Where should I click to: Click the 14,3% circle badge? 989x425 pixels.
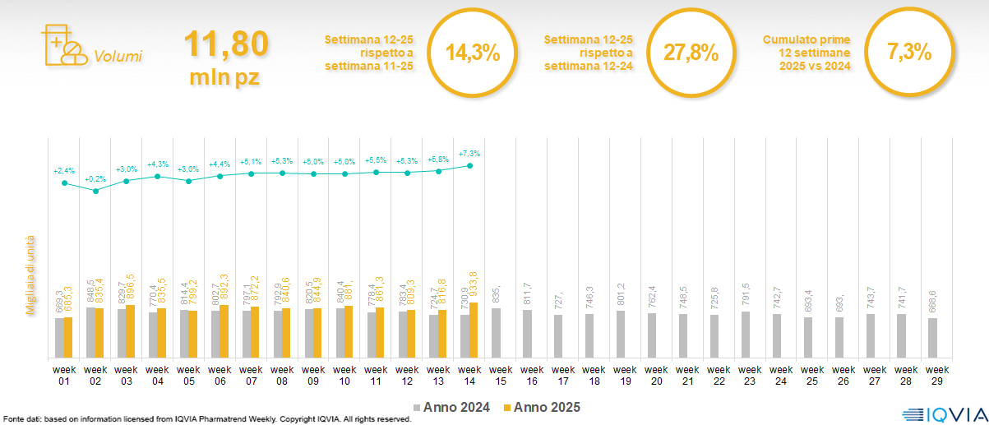(x=473, y=53)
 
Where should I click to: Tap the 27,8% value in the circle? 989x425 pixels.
(x=691, y=53)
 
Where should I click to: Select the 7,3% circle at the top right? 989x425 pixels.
(x=909, y=53)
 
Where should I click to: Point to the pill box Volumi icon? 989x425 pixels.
(x=62, y=45)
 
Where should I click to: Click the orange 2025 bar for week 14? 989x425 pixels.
(x=474, y=330)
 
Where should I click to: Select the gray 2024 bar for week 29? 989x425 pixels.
(x=932, y=337)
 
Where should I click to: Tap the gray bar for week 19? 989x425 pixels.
(x=620, y=334)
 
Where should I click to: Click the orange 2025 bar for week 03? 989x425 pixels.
(x=130, y=331)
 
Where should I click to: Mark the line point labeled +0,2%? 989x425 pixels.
(x=95, y=191)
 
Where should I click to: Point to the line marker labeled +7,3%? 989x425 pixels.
(x=469, y=165)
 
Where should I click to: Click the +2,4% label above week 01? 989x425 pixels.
(x=64, y=171)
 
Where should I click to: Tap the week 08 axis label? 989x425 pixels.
(x=282, y=375)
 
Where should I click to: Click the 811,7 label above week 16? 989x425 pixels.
(x=526, y=294)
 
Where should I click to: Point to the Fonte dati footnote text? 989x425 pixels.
(x=206, y=419)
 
